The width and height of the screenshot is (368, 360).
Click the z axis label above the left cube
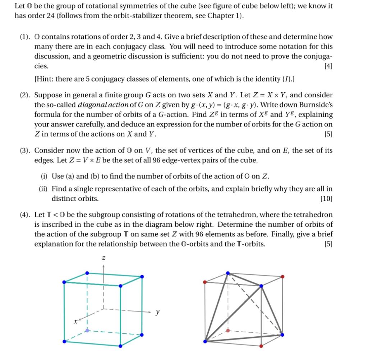tap(103, 258)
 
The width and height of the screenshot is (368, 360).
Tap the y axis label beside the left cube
tap(157, 312)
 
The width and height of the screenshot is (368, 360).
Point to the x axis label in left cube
tap(75, 322)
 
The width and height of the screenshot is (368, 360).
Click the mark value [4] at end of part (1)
tap(328, 66)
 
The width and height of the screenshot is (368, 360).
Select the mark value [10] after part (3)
tap(326, 199)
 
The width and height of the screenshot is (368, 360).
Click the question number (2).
tap(25, 95)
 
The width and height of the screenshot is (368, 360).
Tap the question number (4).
tap(25, 215)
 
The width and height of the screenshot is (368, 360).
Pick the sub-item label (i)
tap(44, 176)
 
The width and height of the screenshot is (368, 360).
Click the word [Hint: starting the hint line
tap(43, 79)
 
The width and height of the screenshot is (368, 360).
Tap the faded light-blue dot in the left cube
tap(87, 330)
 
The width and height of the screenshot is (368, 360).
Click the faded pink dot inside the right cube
tap(228, 330)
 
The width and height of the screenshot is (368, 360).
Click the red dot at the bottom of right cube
tap(261, 346)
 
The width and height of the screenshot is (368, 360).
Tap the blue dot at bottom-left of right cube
tap(205, 341)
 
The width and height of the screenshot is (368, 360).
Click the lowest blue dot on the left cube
tap(120, 346)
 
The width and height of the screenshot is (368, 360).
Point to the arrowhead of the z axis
tap(103, 266)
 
